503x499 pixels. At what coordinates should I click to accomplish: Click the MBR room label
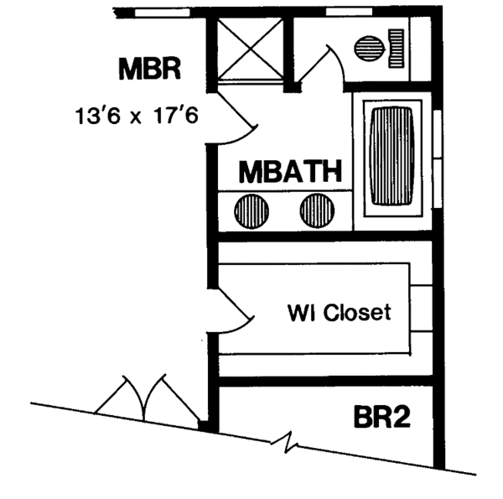click(x=150, y=68)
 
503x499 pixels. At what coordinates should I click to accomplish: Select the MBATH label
click(x=290, y=173)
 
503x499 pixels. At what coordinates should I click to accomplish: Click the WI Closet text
click(x=339, y=314)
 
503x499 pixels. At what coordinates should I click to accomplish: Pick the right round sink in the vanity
click(x=317, y=210)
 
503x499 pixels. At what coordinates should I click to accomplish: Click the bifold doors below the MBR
click(x=134, y=396)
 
